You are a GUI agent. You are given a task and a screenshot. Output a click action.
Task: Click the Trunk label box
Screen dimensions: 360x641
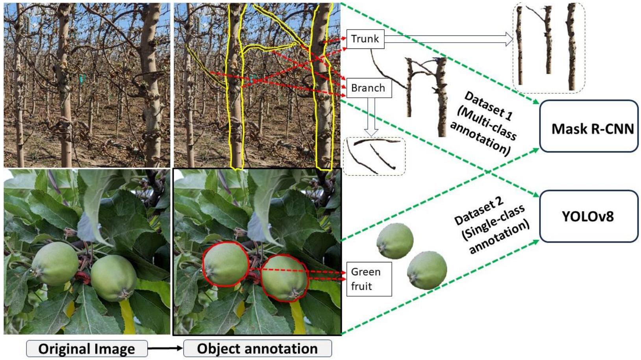click(x=365, y=39)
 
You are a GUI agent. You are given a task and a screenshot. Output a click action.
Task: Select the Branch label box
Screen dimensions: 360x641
click(x=369, y=88)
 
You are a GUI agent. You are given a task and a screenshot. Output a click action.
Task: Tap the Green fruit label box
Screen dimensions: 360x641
click(x=369, y=279)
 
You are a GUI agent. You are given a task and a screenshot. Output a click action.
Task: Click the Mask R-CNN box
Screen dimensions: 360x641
click(x=589, y=126)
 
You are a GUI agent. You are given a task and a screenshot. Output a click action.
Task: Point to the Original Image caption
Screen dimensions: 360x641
click(x=87, y=349)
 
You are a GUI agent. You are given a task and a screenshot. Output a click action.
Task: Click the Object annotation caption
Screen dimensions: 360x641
click(x=258, y=349)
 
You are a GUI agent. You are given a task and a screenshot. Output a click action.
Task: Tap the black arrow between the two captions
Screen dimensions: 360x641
click(x=165, y=348)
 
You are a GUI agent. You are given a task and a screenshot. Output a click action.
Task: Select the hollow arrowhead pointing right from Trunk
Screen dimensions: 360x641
click(x=509, y=39)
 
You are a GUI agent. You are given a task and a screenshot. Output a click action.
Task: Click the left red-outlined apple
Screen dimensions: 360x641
click(x=225, y=264)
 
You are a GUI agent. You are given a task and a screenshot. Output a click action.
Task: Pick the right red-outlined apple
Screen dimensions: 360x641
click(x=284, y=278)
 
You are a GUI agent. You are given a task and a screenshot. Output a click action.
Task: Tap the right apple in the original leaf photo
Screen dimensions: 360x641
click(x=114, y=278)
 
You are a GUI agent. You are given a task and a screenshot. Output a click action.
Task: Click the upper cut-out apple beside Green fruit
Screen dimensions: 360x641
click(x=395, y=240)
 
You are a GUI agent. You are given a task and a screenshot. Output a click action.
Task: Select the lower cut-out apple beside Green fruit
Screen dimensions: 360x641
click(x=427, y=270)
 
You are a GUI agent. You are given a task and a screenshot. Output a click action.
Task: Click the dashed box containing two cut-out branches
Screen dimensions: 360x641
click(x=374, y=156)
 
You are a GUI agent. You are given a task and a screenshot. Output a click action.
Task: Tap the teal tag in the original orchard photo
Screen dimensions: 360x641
click(x=82, y=79)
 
